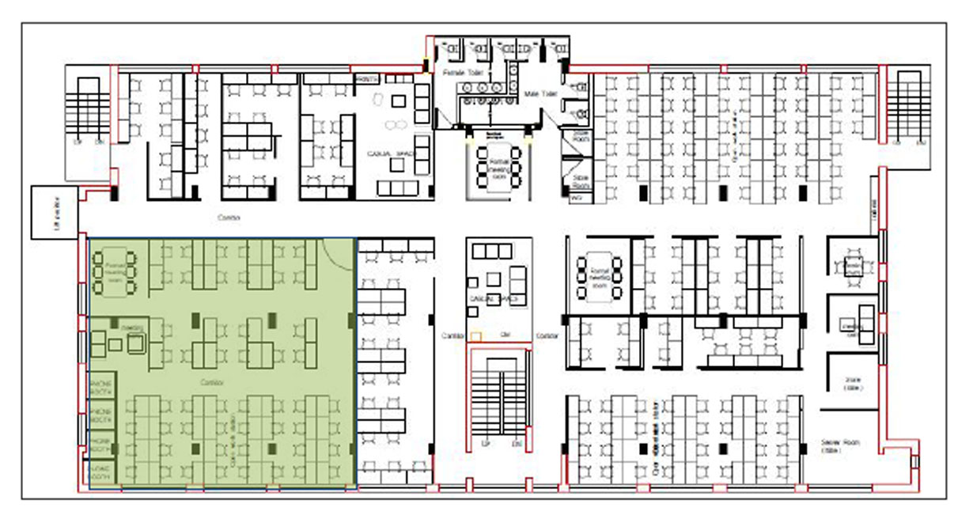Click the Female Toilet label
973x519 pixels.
(458, 73)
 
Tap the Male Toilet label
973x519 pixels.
(541, 94)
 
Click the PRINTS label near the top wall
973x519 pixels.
(368, 79)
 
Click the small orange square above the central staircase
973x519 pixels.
(475, 336)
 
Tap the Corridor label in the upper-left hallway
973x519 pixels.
(229, 216)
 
